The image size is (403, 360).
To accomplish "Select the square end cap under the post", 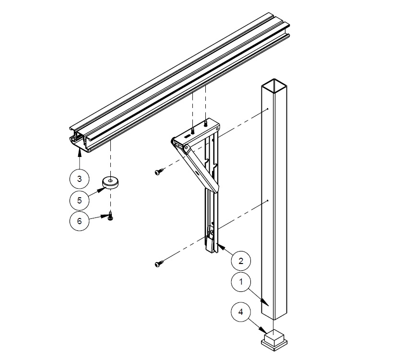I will point(274,340).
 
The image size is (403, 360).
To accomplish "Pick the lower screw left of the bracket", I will point(160,264).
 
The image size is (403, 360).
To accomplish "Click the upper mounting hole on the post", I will point(267,109).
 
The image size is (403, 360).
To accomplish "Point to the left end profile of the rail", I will point(81,140).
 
